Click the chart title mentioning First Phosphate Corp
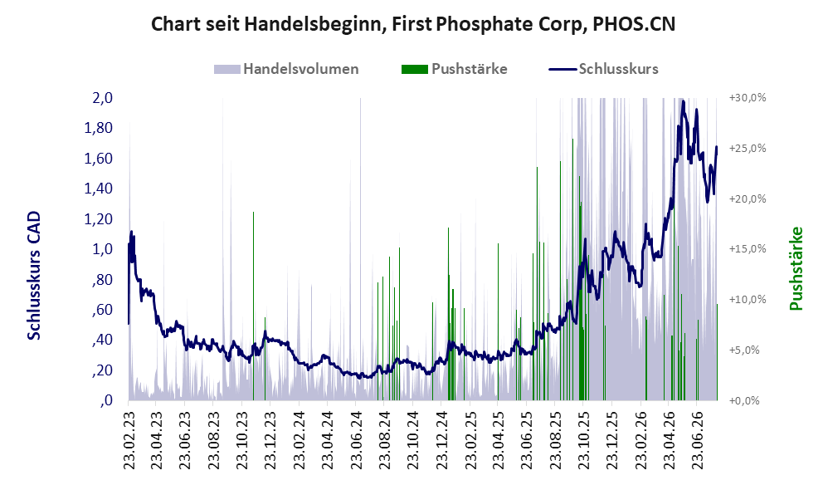[x=413, y=24]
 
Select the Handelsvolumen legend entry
[x=286, y=69]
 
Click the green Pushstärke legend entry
[x=454, y=69]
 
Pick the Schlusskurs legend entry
[x=603, y=69]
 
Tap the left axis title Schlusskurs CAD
[x=33, y=276]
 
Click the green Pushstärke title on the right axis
[x=796, y=268]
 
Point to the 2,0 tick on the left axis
[x=102, y=98]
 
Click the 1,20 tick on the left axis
[x=99, y=218]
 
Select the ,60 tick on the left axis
[x=102, y=309]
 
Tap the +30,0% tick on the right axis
[x=748, y=98]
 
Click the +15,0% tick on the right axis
[x=748, y=249]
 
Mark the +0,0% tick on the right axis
[x=744, y=400]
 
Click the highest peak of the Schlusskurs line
[x=684, y=101]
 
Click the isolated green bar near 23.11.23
[x=254, y=306]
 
